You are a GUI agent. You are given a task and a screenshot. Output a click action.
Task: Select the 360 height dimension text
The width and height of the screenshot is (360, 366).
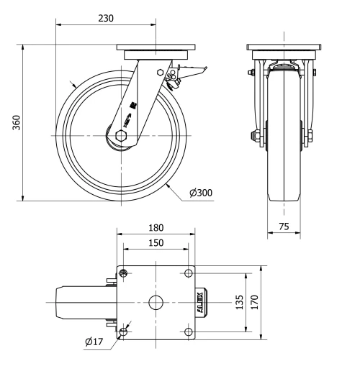click(x=17, y=123)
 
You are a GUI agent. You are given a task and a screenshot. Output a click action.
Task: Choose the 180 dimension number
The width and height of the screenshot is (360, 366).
click(x=156, y=227)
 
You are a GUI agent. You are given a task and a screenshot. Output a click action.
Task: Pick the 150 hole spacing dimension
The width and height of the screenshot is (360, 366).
click(x=156, y=242)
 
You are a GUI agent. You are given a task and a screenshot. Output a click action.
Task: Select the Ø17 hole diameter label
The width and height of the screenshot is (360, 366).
click(x=94, y=342)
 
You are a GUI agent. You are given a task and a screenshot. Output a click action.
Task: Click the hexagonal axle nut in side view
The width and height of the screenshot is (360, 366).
click(x=121, y=134)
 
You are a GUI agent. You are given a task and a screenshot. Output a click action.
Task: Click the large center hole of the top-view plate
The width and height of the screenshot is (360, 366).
click(x=156, y=302)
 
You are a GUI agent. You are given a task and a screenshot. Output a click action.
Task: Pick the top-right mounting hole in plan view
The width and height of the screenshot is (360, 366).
click(x=188, y=273)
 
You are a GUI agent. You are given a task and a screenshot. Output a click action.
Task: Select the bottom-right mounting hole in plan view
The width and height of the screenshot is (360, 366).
click(x=188, y=331)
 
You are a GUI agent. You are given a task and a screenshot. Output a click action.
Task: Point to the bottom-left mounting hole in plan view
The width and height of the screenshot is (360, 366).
click(x=125, y=331)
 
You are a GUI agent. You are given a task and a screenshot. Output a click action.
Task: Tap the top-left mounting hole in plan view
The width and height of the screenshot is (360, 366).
click(x=125, y=273)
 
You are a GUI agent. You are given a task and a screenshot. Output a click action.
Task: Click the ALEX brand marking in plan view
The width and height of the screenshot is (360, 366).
click(x=201, y=302)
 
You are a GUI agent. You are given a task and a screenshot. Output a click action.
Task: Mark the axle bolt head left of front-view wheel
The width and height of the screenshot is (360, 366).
click(x=255, y=135)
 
